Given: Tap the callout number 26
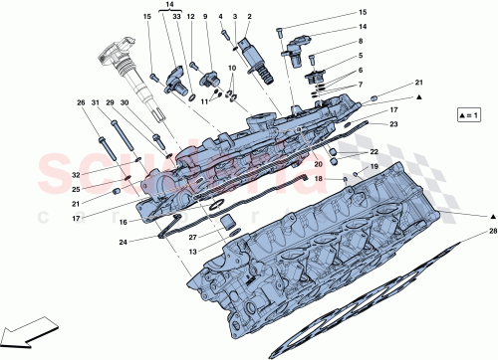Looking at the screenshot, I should (x=82, y=102).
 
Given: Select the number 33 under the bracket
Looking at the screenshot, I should (x=176, y=18).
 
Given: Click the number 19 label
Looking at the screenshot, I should (x=374, y=166).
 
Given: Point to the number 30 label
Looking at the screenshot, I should (x=124, y=102).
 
